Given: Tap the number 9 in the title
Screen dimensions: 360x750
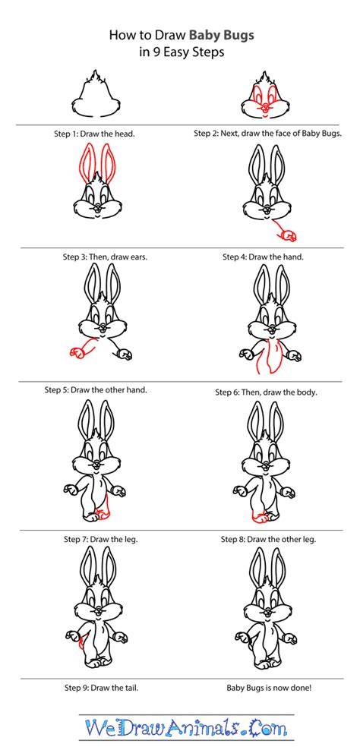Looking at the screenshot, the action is (x=154, y=52).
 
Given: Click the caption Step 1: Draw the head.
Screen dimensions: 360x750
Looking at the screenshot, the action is (x=94, y=134).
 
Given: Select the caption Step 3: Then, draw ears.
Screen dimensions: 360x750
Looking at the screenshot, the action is (x=105, y=257).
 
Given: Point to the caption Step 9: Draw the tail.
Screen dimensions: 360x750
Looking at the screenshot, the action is (x=102, y=689).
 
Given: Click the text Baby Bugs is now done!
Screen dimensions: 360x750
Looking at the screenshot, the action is (x=269, y=689).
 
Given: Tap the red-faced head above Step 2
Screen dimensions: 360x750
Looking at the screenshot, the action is (x=265, y=96).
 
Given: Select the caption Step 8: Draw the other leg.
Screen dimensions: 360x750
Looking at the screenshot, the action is (x=268, y=539).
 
